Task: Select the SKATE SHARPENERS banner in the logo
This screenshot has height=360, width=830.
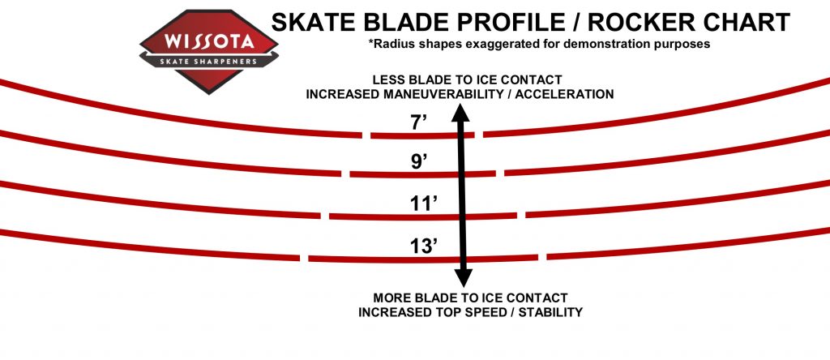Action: coord(208,62)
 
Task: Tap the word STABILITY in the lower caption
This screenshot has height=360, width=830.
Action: coord(550,312)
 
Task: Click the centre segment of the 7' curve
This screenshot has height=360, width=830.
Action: coord(422,136)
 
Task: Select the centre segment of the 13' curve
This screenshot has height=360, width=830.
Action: coord(423,259)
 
